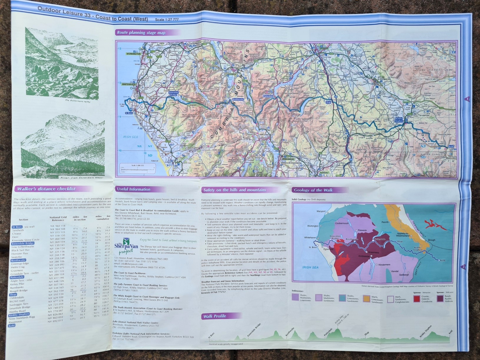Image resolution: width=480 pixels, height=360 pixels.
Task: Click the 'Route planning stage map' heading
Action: (x=141, y=33)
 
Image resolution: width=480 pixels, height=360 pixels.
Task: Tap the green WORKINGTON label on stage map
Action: (x=134, y=54)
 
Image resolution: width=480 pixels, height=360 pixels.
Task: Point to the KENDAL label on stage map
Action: (x=324, y=172)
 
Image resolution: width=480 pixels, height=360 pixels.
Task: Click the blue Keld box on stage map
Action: (x=451, y=146)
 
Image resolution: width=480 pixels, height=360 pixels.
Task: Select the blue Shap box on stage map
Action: (x=328, y=102)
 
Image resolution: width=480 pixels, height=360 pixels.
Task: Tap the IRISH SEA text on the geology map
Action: (x=310, y=267)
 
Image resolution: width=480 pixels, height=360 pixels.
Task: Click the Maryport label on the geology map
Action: (x=321, y=211)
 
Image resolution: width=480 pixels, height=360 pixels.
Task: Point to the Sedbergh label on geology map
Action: (x=404, y=275)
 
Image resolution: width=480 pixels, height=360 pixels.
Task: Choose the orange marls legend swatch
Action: (x=366, y=298)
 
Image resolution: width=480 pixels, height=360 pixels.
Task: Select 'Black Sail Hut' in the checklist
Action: (x=20, y=250)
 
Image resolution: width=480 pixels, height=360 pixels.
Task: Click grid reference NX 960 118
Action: (x=58, y=226)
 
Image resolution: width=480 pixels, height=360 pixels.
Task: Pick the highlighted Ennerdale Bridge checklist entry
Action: (x=23, y=243)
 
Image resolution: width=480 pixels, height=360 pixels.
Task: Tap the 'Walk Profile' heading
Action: (x=214, y=316)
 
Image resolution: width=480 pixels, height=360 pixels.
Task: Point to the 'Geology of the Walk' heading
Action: (x=313, y=190)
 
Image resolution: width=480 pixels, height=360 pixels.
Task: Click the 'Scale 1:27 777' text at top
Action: (x=167, y=20)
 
